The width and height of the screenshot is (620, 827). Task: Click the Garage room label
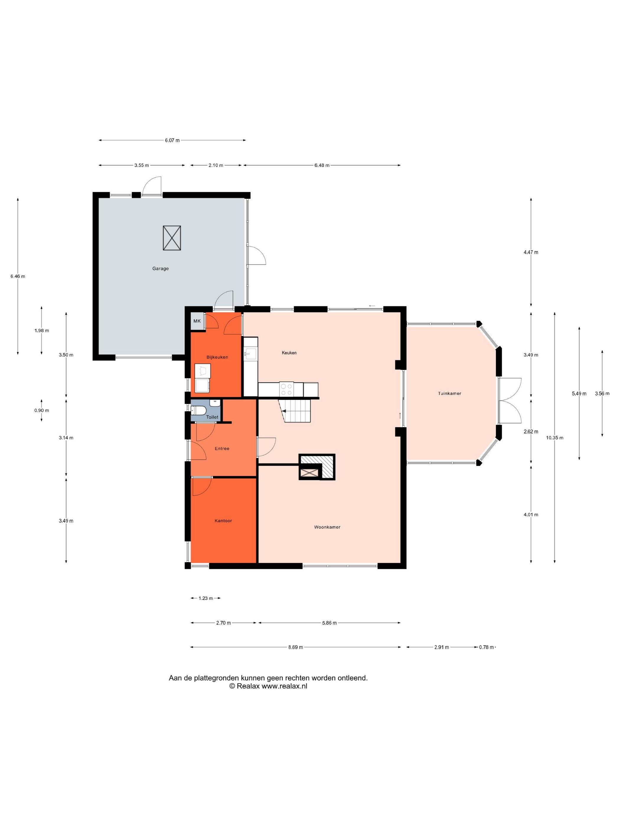[x=160, y=268]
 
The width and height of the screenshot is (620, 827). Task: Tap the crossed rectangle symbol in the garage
[x=172, y=238]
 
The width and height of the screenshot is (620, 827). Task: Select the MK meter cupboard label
[x=197, y=321]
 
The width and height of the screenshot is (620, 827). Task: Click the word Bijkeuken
[x=217, y=357]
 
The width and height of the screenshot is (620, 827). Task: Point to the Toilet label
[x=212, y=417]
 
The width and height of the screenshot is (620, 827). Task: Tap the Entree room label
[x=222, y=448]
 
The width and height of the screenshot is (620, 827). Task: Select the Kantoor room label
[x=223, y=520]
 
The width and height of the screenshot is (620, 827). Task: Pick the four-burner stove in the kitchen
[x=286, y=389]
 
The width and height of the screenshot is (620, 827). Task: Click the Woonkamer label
[x=327, y=527]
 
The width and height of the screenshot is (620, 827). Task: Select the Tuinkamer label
[x=450, y=393]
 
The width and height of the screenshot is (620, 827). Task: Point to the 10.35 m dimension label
[x=554, y=438]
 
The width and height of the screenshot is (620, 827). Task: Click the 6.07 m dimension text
[x=172, y=141]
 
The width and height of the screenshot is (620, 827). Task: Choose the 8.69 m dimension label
[x=296, y=647]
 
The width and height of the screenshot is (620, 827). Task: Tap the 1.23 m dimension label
[x=205, y=598]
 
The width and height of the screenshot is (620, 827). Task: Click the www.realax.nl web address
[x=284, y=686]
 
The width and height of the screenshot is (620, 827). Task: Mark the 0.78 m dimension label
[x=487, y=647]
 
